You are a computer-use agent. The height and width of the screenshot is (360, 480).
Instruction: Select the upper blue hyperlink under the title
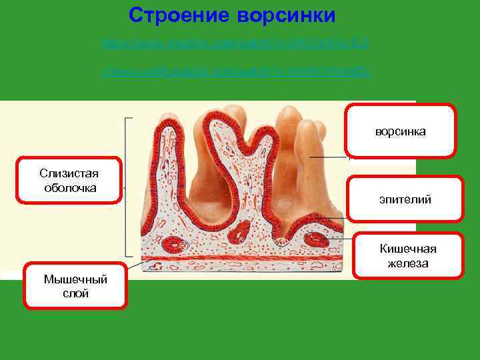(x=235, y=44)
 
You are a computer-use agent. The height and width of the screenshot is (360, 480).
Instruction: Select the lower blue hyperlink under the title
(x=235, y=71)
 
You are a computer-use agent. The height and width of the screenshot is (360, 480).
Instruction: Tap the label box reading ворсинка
(x=401, y=131)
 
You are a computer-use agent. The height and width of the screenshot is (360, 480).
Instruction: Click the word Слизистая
(x=70, y=173)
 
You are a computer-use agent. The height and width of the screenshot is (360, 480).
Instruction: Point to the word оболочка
(x=70, y=187)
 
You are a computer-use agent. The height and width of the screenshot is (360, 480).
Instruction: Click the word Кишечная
(x=407, y=249)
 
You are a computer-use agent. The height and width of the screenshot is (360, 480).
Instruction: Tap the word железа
(x=407, y=263)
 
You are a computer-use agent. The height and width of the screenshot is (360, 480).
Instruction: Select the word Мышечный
(x=75, y=279)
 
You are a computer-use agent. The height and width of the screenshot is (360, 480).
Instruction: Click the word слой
(x=75, y=293)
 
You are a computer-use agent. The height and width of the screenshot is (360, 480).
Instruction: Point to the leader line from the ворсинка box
(x=330, y=157)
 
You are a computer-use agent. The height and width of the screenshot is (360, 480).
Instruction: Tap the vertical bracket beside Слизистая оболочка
(x=126, y=187)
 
